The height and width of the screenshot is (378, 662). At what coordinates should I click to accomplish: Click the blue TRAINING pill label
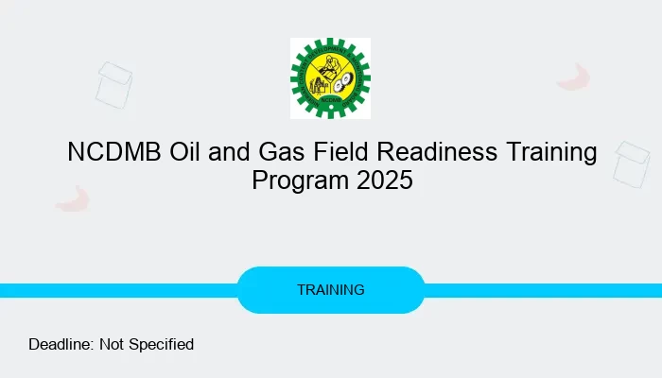coord(330,290)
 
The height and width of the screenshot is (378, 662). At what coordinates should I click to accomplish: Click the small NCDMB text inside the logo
coord(331,97)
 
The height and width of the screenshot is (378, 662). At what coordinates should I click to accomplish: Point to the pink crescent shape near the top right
coord(573,77)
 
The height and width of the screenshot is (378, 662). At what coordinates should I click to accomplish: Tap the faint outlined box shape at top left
coord(114,83)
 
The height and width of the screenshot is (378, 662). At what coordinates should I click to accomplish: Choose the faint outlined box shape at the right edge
coord(631,163)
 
